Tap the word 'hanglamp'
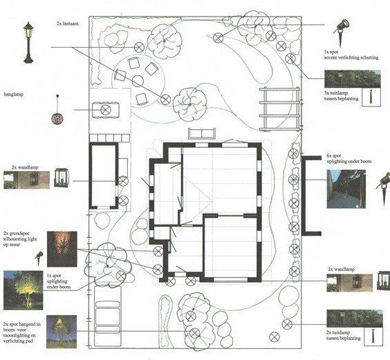pyautogui.click(x=14, y=93)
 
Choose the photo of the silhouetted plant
pyautogui.click(x=62, y=249)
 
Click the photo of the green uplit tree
pyautogui.click(x=23, y=291)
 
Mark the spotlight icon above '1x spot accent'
pyautogui.click(x=341, y=28)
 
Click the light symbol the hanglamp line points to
pyautogui.click(x=106, y=108)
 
